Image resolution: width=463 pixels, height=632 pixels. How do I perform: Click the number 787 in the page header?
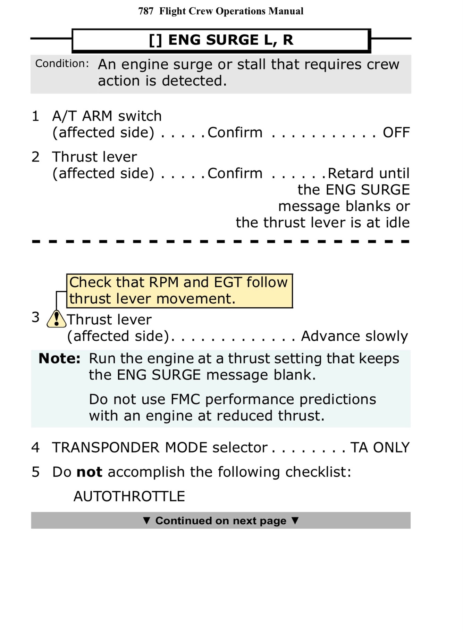(x=146, y=11)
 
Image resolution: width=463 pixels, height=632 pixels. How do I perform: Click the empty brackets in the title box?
(x=155, y=40)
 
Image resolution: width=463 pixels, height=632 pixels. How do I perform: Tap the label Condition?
(x=62, y=64)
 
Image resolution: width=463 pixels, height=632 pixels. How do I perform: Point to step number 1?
(x=35, y=116)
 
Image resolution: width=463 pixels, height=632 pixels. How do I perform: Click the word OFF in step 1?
(x=396, y=133)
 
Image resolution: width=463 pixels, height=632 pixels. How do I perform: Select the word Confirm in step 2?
(x=235, y=173)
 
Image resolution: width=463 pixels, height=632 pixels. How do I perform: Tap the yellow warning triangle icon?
(x=56, y=319)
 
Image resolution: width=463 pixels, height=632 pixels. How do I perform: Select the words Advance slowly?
(x=354, y=336)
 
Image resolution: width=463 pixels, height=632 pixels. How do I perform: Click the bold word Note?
(x=59, y=358)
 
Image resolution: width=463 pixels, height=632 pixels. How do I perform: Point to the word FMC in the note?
(x=185, y=399)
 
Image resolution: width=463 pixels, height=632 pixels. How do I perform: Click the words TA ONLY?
(x=380, y=448)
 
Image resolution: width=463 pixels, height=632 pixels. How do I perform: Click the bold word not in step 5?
(x=89, y=472)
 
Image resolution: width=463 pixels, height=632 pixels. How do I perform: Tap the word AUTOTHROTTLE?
(x=129, y=497)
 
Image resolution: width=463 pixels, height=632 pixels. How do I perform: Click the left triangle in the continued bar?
(x=147, y=520)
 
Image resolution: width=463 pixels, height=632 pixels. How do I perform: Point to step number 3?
(x=35, y=317)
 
